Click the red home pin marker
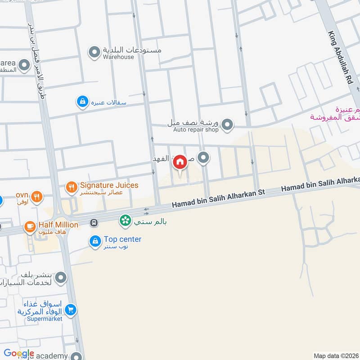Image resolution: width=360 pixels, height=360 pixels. click(x=180, y=162)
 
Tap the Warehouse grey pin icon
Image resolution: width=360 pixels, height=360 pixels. click(x=94, y=53)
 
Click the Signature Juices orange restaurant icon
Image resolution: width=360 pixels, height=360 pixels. click(x=71, y=187)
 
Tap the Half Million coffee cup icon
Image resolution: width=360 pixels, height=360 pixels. click(x=30, y=226)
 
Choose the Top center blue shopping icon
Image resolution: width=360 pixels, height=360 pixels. click(x=94, y=242)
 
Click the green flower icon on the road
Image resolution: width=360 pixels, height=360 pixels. click(x=125, y=220)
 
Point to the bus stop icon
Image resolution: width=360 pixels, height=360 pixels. click(x=94, y=222)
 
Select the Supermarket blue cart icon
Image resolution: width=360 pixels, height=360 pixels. click(x=70, y=310)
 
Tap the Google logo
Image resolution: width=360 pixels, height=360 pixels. click(x=19, y=354)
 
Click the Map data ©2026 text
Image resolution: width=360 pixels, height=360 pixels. click(x=336, y=355)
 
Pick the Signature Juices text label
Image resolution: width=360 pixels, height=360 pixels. click(x=109, y=185)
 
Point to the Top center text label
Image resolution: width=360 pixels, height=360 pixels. click(x=122, y=239)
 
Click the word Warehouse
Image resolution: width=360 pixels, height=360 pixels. click(x=118, y=57)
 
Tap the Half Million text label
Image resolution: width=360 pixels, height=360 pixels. click(x=58, y=225)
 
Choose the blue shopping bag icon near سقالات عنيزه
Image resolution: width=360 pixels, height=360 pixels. click(x=82, y=103)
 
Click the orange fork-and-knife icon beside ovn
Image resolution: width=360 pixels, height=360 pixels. click(x=37, y=196)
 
